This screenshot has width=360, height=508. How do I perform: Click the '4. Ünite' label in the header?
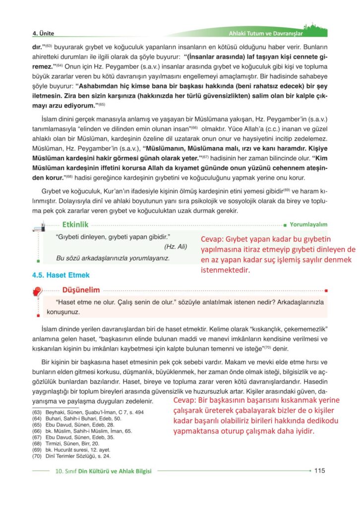[x=43, y=33]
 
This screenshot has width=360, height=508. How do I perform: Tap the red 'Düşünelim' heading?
[x=81, y=290]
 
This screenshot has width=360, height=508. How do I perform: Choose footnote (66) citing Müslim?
[x=83, y=432]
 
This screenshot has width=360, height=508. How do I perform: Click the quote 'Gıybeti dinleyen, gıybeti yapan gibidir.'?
[x=113, y=237]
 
